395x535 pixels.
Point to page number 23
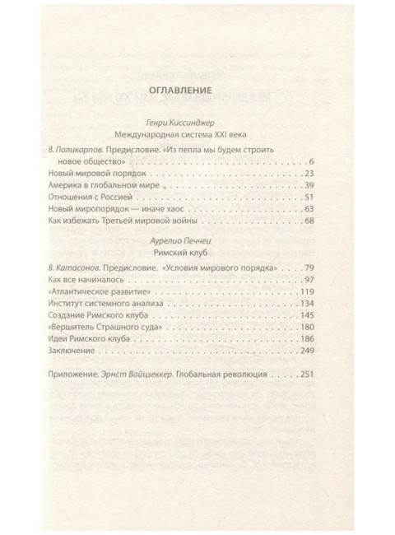pyautogui.click(x=309, y=173)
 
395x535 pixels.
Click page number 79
pyautogui.click(x=309, y=269)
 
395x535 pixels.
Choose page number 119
pyautogui.click(x=306, y=295)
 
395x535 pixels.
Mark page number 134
pyautogui.click(x=306, y=307)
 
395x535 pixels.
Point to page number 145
pyautogui.click(x=306, y=320)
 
